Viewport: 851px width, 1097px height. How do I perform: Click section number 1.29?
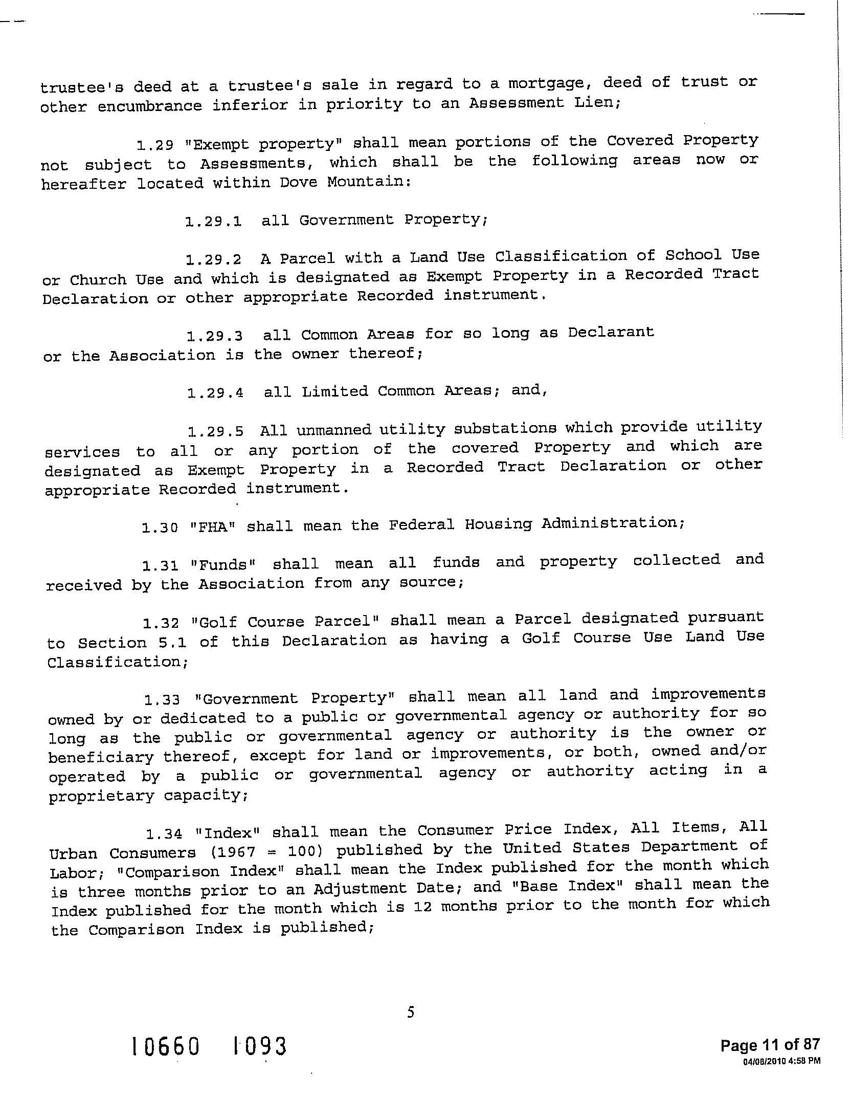(155, 145)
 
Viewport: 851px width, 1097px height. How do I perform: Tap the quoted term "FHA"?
(211, 526)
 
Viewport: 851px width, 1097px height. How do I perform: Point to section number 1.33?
(163, 699)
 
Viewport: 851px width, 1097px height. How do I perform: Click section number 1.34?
(164, 834)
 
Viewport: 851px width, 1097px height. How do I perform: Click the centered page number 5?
(410, 1012)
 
